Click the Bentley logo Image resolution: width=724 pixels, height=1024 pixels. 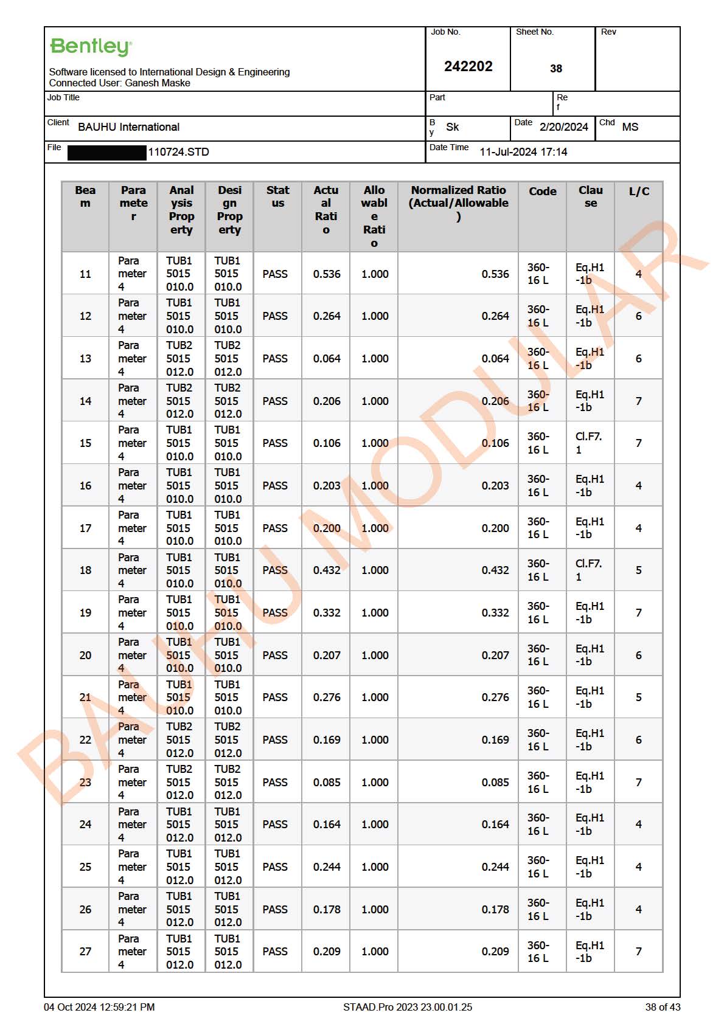tap(91, 47)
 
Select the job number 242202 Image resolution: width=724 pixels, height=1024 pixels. tap(468, 66)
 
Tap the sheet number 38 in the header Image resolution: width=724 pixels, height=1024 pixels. tap(555, 69)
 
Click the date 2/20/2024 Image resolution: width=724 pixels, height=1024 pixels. tap(563, 127)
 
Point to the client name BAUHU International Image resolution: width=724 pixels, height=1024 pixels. tap(128, 127)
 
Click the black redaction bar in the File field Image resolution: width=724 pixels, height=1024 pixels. tap(107, 152)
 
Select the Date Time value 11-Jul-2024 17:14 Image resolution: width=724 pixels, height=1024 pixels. tap(523, 152)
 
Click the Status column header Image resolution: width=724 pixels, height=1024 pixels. tap(277, 197)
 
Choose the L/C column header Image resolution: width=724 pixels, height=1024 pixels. tap(638, 192)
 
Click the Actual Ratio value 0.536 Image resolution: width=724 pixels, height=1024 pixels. tap(327, 274)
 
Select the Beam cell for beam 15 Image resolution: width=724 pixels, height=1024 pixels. tap(85, 443)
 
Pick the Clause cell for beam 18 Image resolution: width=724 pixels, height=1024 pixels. tap(588, 570)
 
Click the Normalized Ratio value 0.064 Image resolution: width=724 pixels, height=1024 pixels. tap(495, 359)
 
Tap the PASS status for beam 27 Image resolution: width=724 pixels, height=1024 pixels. tap(275, 952)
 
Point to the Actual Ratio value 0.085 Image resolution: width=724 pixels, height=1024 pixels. tap(327, 783)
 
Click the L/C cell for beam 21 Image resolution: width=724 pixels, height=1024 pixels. tap(638, 697)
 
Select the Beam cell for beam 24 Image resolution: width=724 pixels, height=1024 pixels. tap(85, 825)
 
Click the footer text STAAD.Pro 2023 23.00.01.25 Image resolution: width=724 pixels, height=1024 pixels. tap(407, 1007)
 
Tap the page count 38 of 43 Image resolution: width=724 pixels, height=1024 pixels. tap(663, 1007)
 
